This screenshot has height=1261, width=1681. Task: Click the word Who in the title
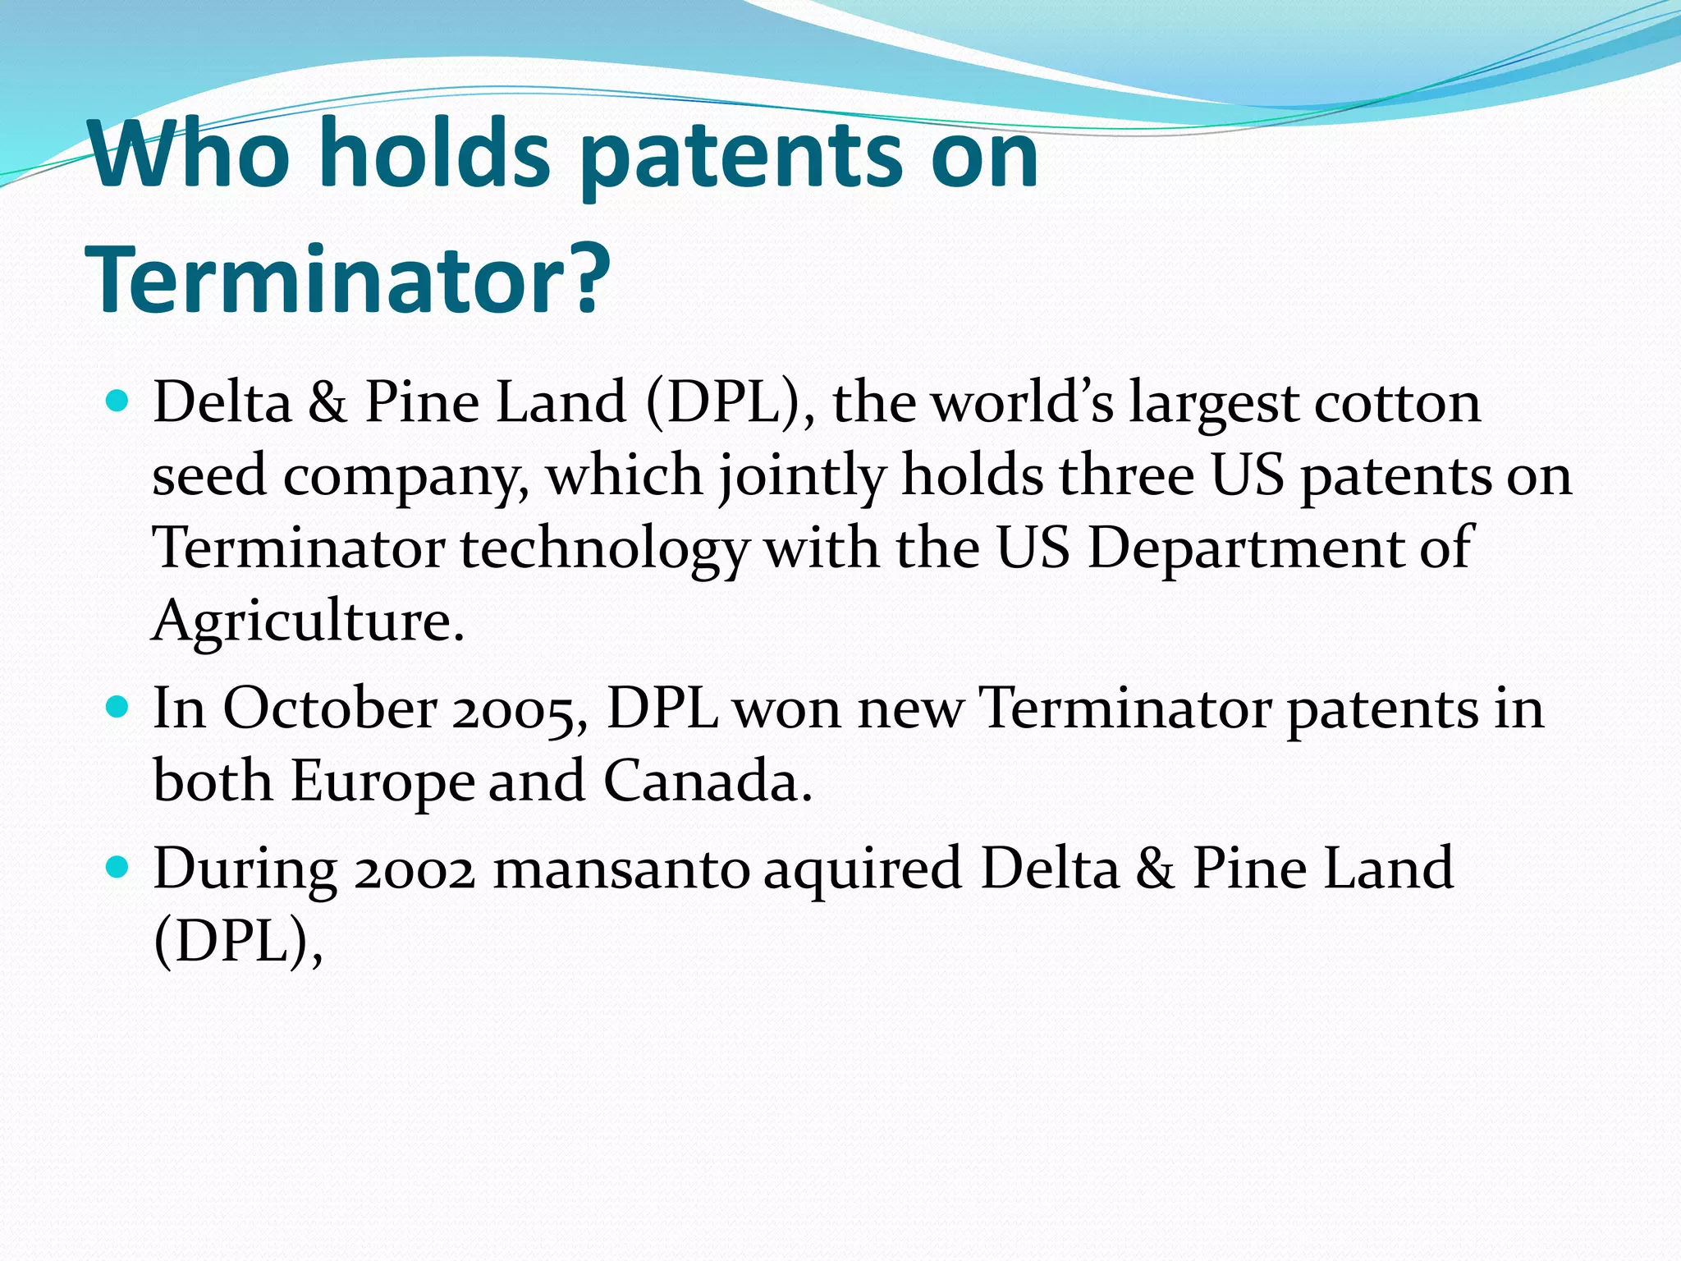point(190,154)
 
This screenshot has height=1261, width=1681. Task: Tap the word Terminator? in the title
point(348,279)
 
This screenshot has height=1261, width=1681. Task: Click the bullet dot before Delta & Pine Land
point(118,401)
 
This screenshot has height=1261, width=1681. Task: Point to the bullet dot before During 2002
point(118,867)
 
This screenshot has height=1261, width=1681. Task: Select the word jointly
point(802,476)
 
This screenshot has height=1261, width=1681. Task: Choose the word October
point(330,708)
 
